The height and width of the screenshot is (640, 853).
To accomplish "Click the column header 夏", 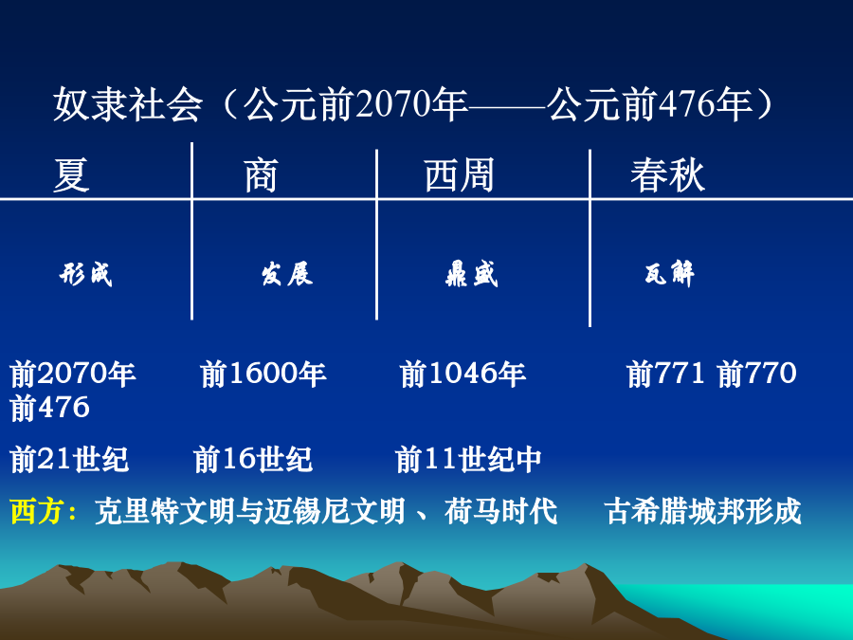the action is point(71,175).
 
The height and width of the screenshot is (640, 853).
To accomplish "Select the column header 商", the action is point(262,175).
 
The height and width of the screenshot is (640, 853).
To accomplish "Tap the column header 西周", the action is point(459,175).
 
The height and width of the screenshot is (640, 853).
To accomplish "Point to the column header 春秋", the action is point(667,175).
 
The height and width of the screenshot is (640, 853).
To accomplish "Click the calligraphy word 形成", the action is point(86,274).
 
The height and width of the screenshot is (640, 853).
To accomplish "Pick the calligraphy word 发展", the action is point(286,274).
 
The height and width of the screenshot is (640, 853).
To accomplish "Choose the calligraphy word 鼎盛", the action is point(471,274).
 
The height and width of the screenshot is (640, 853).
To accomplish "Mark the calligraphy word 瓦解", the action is point(670,274).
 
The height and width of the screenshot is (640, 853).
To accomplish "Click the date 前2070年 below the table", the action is point(73,374).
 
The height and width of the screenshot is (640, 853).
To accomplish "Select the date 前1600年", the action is point(263,374).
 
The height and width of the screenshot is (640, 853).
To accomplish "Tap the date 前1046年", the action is point(463,374).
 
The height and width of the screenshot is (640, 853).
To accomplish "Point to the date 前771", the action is point(665,374).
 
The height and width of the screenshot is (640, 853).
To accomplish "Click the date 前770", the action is point(756,374).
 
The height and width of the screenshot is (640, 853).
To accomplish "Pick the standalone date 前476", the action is point(49,408).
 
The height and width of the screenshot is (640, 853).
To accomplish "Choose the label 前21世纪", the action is point(69,459).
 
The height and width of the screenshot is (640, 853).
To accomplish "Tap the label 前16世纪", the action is point(253,459).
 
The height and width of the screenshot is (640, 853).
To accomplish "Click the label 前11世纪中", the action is point(468,459).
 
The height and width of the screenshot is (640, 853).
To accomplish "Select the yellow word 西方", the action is point(38,511).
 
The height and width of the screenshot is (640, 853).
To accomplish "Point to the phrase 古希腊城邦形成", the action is point(702,511).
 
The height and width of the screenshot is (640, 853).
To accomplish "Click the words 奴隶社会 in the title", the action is point(128,104).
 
